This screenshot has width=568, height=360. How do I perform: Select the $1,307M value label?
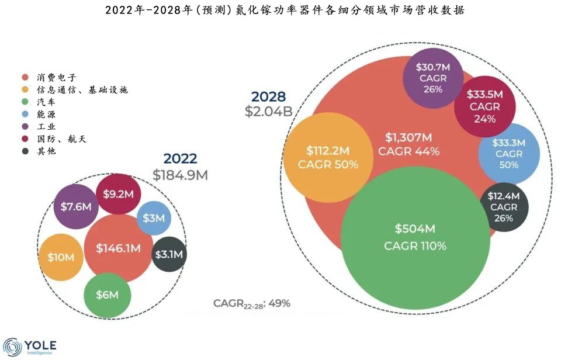(408, 137)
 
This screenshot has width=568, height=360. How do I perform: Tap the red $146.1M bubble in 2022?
(119, 248)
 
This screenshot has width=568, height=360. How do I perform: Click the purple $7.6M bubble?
(76, 206)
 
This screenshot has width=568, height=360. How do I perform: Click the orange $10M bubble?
(61, 257)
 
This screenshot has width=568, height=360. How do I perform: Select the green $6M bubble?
(107, 295)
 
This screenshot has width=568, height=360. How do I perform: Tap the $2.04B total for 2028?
(268, 111)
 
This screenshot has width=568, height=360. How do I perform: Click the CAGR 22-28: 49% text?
(251, 303)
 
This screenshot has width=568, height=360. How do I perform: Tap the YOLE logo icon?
(12, 347)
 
